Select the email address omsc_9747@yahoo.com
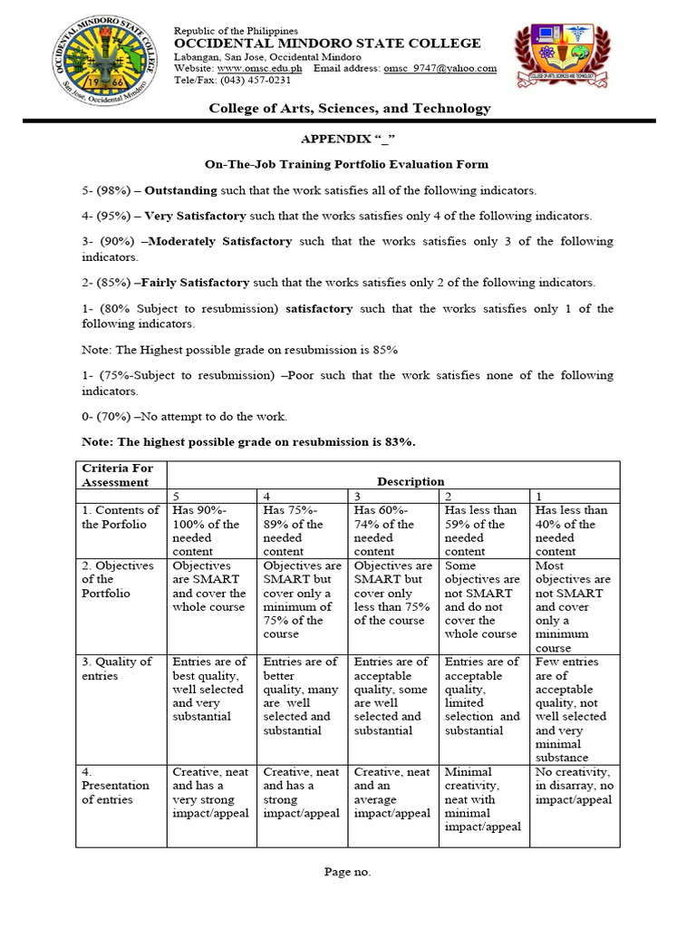point(440,68)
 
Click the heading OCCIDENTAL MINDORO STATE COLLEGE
point(327,43)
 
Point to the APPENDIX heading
point(348,140)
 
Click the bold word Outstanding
point(181,190)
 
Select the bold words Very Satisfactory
point(195,216)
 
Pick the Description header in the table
point(393,482)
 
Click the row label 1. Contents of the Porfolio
point(121,517)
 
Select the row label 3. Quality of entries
point(118,669)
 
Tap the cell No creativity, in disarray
point(574,786)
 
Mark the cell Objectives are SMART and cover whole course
point(208,585)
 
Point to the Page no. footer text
point(348,872)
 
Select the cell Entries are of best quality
point(208,689)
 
